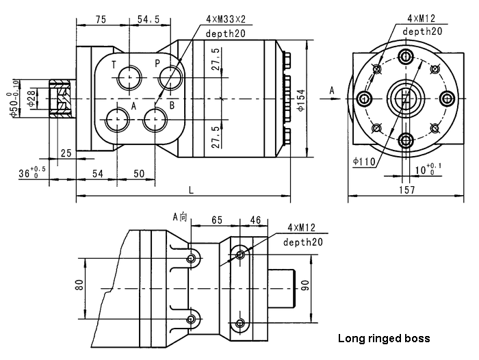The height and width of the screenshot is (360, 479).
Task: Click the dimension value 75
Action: pyautogui.click(x=100, y=20)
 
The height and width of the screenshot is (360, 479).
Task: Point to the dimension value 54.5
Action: pyautogui.click(x=148, y=20)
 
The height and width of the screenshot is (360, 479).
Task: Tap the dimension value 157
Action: pyautogui.click(x=406, y=190)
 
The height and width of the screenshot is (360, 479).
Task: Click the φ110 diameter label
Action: pyautogui.click(x=364, y=162)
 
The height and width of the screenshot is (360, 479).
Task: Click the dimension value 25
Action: pyautogui.click(x=66, y=153)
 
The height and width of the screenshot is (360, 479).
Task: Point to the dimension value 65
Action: pyautogui.click(x=217, y=220)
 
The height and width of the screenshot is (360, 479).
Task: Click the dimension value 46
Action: pyautogui.click(x=256, y=220)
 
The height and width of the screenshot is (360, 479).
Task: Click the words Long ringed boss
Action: pyautogui.click(x=384, y=338)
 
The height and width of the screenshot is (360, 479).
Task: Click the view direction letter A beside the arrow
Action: pyautogui.click(x=332, y=90)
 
